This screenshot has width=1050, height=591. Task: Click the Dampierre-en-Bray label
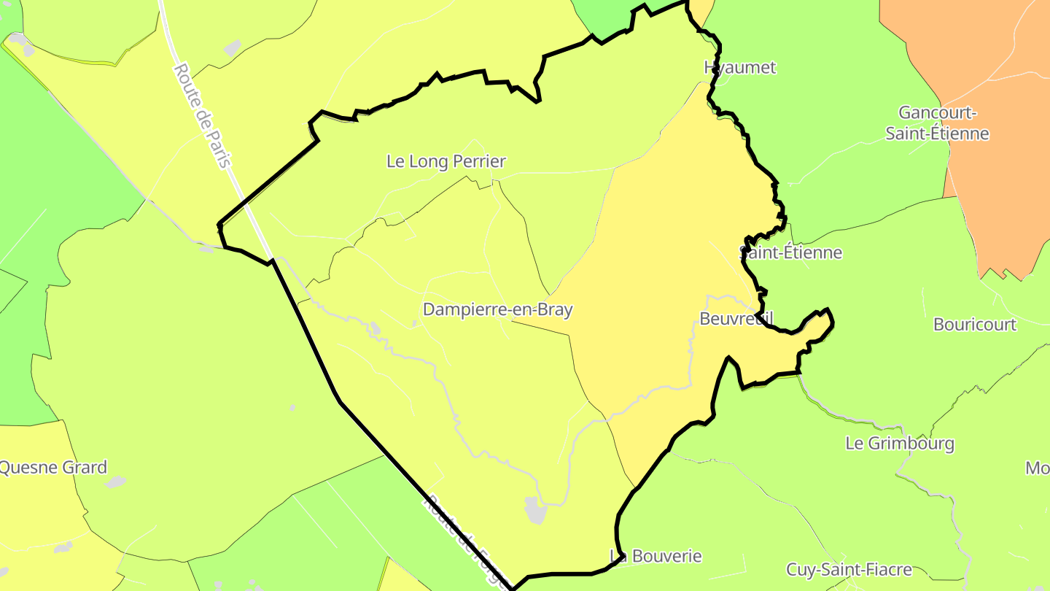click(497, 309)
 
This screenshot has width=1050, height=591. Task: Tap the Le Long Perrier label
click(446, 161)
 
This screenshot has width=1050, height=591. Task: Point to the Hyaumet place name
click(739, 67)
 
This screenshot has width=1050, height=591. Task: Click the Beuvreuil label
click(735, 319)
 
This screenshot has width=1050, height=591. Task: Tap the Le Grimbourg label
click(899, 443)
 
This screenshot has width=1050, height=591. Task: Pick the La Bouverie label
click(656, 556)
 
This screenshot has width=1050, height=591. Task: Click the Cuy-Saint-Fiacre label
click(849, 569)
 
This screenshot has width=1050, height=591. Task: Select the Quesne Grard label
click(52, 467)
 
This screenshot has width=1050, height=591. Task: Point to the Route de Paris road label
click(203, 115)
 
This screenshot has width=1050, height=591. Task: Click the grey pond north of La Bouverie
click(535, 509)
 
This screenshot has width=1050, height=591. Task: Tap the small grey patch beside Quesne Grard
click(114, 482)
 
